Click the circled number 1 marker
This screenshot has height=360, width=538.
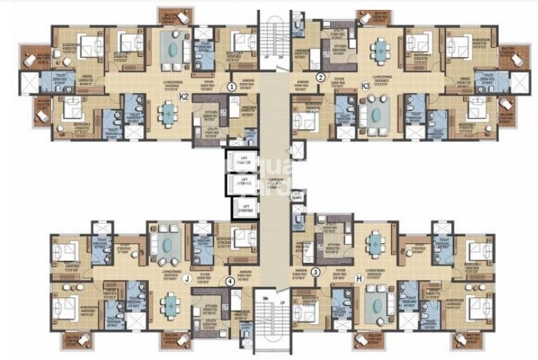(x=231, y=87)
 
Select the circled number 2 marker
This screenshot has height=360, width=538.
(x=321, y=77)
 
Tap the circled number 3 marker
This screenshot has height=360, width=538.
(x=316, y=272)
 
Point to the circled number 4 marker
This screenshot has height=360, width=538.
(x=229, y=281)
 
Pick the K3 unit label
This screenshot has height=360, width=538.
(x=366, y=86)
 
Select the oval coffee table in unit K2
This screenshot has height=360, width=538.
(x=172, y=48)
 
